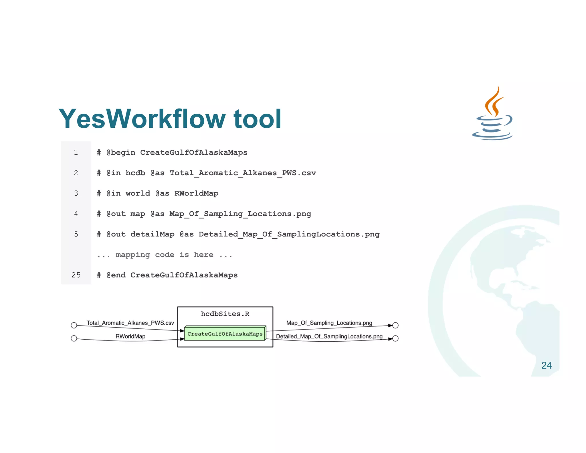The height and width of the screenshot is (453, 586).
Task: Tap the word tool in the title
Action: coord(257,119)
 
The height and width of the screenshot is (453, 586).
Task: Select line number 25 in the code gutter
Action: coord(76,275)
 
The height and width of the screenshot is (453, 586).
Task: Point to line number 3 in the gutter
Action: coord(76,194)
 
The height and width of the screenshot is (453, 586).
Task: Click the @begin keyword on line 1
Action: coord(121,153)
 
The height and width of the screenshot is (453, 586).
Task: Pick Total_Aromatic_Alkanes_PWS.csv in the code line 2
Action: coord(243,173)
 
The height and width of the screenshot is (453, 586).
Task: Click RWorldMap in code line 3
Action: coord(196,194)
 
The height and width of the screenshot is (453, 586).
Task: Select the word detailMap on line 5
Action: coord(152,235)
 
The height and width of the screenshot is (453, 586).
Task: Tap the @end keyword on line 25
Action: coord(116,275)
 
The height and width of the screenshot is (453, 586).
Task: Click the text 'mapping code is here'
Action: coord(165,255)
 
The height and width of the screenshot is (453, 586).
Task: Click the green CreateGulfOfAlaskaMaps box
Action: coord(225,334)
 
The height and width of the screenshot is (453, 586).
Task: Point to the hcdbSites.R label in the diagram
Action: coord(225,314)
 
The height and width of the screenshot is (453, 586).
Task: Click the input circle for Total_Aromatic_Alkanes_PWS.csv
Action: coord(74,325)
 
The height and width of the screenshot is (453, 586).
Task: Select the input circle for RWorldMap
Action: coord(74,338)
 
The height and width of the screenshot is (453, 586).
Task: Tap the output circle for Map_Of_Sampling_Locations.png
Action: coord(395,325)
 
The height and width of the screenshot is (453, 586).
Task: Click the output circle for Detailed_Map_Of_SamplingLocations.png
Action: coord(395,338)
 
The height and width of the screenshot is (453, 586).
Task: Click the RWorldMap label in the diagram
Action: coord(130,336)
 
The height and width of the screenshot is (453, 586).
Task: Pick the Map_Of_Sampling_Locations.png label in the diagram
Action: coord(329,323)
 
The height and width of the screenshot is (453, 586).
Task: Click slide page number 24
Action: coord(546,365)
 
